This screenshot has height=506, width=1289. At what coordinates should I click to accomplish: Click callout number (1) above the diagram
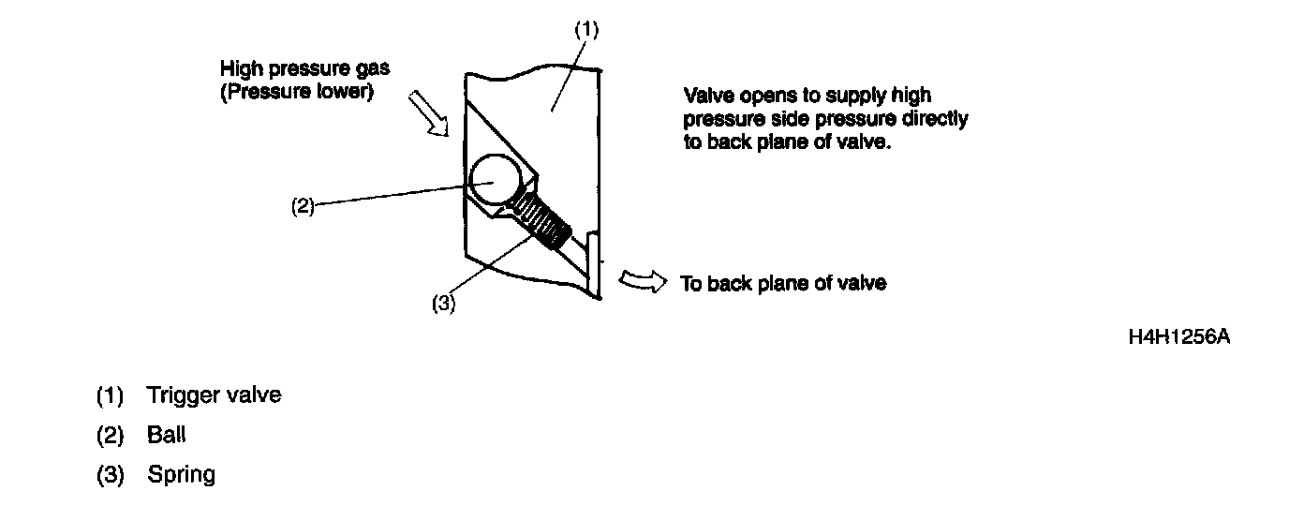point(585,29)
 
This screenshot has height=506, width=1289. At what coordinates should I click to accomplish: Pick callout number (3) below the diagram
point(443,304)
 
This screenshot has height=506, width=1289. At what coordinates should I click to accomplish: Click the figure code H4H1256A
point(1179,336)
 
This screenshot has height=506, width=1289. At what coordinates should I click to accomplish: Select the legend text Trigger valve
point(214,395)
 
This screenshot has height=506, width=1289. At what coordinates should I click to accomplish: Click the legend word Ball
point(168,435)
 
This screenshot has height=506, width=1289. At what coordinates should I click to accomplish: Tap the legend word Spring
point(181,474)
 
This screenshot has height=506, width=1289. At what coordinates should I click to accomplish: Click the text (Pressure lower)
point(296,94)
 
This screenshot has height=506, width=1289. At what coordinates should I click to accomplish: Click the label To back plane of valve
point(782,283)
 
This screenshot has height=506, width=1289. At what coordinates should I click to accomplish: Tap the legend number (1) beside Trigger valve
point(111,395)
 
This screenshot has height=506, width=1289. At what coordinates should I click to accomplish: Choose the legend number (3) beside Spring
point(111,474)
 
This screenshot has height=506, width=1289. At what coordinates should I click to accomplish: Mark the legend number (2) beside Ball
point(111,435)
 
